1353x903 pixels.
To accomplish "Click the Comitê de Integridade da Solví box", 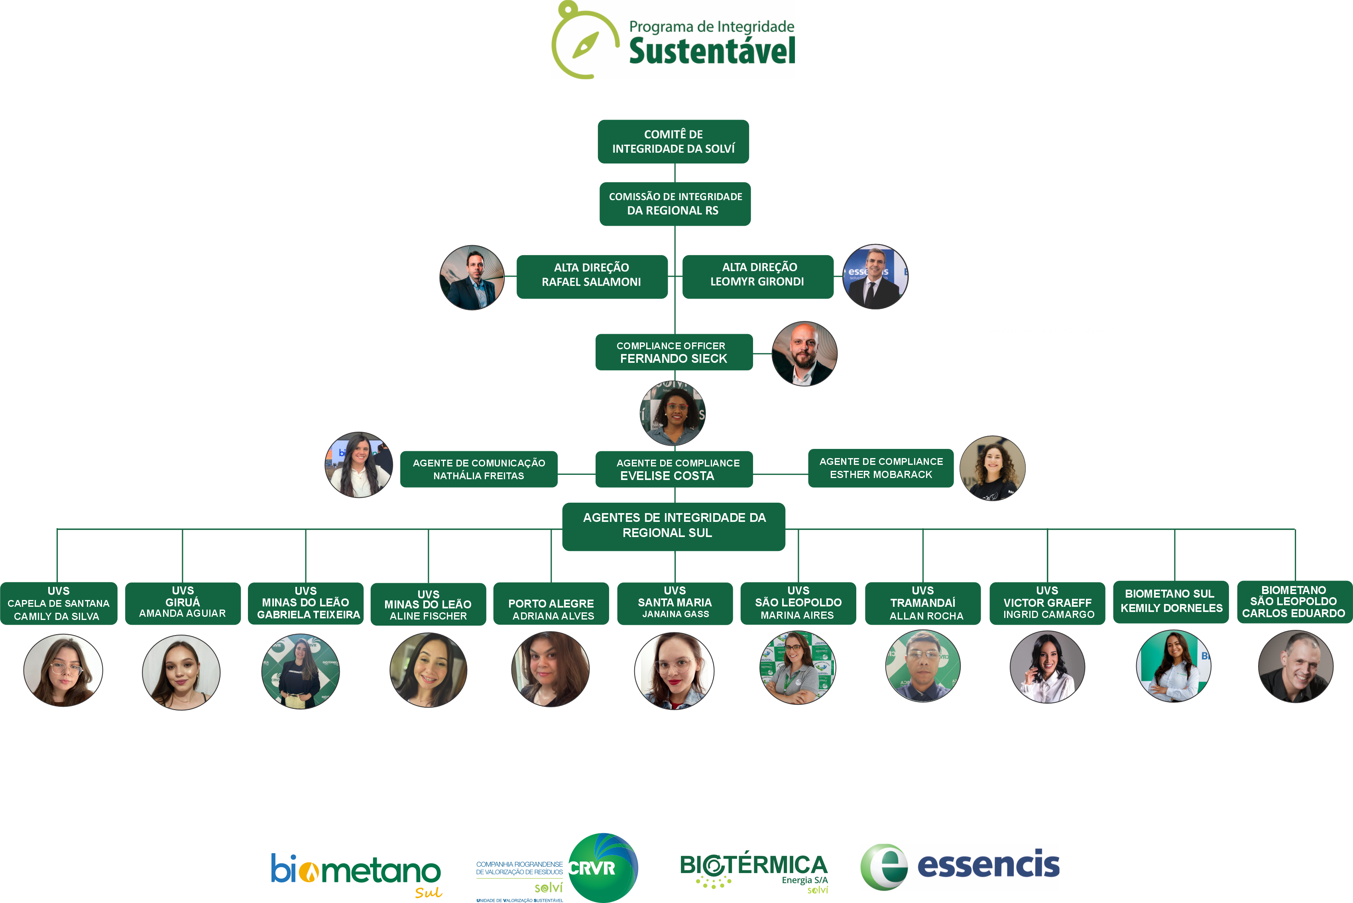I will pyautogui.click(x=673, y=142).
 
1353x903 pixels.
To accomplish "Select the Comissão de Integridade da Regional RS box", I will pyautogui.click(x=675, y=204).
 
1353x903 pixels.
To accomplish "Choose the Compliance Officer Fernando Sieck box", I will pyautogui.click(x=674, y=352).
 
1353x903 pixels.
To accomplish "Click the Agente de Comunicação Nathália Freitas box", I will pyautogui.click(x=478, y=469).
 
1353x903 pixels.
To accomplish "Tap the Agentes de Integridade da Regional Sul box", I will pyautogui.click(x=674, y=526).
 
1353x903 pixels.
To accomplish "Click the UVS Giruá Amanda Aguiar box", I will pyautogui.click(x=183, y=603).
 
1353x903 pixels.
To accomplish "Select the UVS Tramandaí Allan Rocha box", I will pyautogui.click(x=922, y=603).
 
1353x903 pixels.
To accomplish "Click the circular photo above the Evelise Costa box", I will pyautogui.click(x=673, y=413).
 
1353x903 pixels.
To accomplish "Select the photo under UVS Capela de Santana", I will pyautogui.click(x=63, y=670).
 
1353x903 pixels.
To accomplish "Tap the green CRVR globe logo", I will pyautogui.click(x=603, y=867).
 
